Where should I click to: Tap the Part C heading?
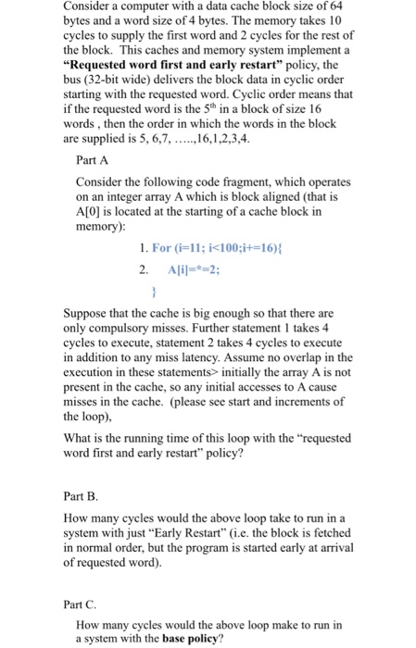pos(93,603)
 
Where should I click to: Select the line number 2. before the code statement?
pos(143,270)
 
